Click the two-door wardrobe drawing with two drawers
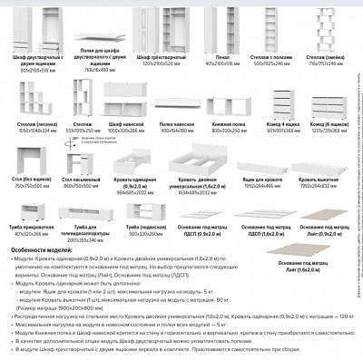tap(29, 26)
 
